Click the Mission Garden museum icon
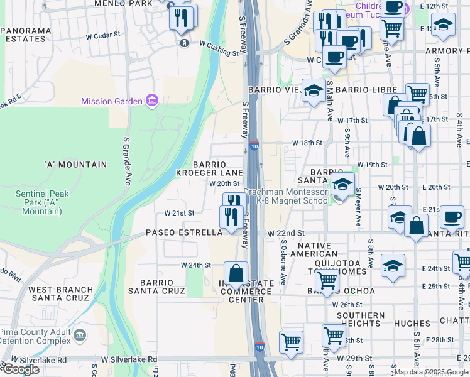151,101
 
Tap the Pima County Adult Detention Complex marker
80,335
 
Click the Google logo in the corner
20,369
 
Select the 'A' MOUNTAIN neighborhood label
75,165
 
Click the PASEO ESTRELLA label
184,232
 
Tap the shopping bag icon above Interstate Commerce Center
236,274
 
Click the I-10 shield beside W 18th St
253,146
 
